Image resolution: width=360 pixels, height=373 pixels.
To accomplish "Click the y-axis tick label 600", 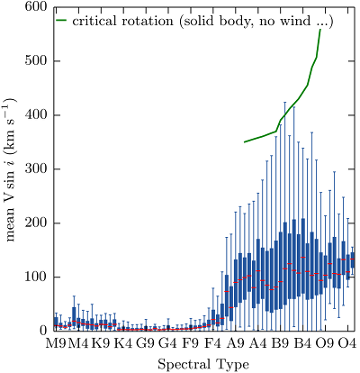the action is [36, 7].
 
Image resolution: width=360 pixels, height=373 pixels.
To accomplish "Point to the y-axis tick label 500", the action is [36, 61].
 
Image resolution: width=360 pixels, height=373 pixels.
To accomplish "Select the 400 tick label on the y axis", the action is [36, 115].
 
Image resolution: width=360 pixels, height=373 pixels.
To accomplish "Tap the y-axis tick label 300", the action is [36, 169].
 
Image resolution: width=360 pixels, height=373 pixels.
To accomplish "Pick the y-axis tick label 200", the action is [36, 223].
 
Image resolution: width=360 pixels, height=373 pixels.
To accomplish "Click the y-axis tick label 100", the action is [36, 277].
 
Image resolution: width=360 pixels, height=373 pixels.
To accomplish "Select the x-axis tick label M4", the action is [78, 343].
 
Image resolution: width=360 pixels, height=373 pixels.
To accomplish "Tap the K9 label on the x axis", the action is [101, 343].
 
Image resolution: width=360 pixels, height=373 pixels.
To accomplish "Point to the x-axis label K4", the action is [123, 343].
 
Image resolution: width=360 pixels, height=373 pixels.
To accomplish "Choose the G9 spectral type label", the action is [146, 343].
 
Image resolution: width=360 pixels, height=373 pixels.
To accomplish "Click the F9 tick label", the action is [191, 343].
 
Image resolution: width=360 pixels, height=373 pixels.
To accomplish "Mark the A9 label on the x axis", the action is [236, 343].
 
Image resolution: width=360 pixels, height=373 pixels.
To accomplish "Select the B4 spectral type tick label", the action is [302, 343].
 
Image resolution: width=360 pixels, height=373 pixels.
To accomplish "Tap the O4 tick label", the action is [347, 343].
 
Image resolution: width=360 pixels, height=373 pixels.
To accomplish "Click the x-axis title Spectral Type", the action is [203, 365].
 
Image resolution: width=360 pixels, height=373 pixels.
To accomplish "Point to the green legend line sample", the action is [61, 21].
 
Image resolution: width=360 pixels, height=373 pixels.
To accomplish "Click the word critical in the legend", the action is [93, 21].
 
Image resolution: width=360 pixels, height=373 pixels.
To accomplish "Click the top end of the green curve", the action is [320, 30].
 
